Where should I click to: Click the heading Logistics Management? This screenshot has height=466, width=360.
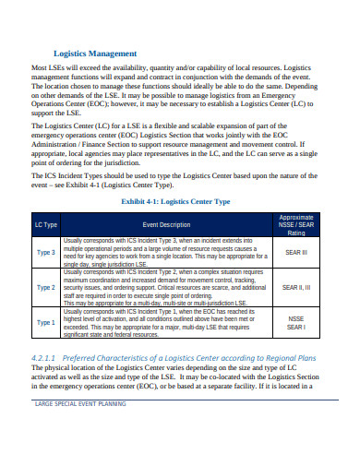(x=95, y=54)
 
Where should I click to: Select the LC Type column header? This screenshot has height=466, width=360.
(x=45, y=224)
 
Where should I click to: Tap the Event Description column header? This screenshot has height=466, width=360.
(x=166, y=224)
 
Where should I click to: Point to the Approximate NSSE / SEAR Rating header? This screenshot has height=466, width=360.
(x=296, y=224)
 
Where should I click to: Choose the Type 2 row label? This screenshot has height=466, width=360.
(x=45, y=287)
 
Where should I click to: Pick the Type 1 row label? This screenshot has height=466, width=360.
(x=45, y=323)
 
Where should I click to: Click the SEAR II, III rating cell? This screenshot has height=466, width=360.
(x=296, y=287)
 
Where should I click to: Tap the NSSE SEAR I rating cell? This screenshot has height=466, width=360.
(x=296, y=323)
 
